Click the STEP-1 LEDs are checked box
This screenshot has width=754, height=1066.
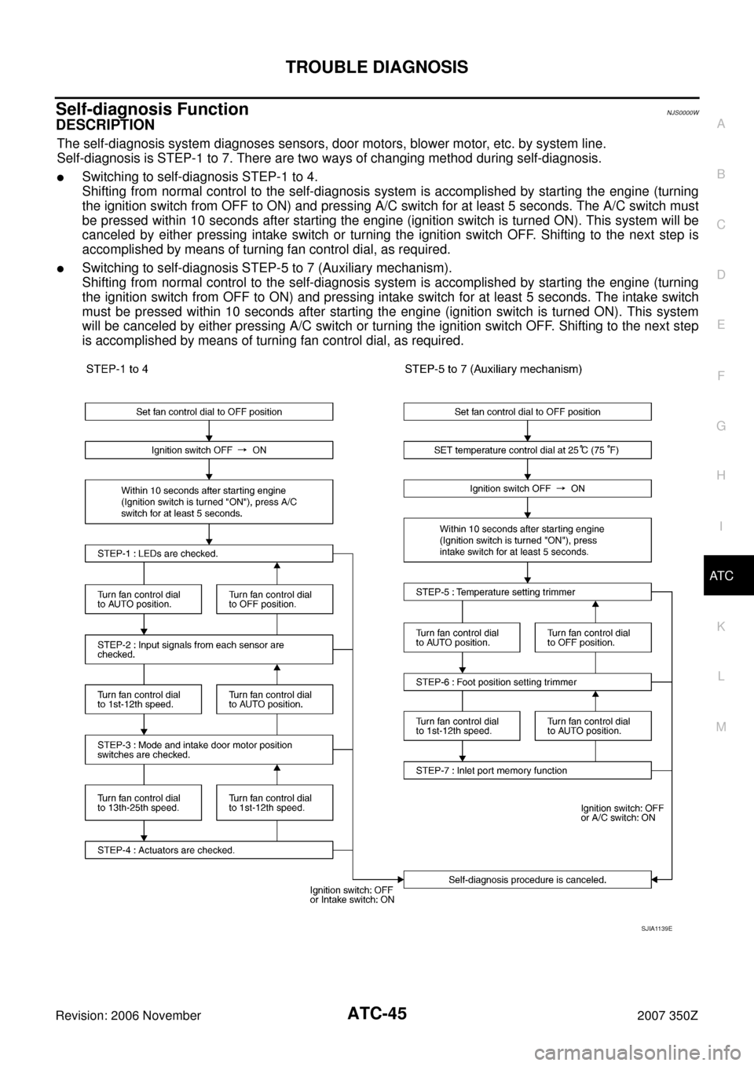208,553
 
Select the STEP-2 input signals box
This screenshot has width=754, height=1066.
208,649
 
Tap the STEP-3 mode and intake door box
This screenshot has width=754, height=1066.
208,750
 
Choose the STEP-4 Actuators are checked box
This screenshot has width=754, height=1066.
208,850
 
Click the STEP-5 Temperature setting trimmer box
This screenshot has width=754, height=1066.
527,592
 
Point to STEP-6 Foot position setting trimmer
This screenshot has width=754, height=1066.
527,682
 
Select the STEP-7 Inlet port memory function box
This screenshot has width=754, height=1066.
527,770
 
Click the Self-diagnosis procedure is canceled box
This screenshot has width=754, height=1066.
527,880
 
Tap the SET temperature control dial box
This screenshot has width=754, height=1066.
527,450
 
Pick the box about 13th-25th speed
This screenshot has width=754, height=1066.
143,802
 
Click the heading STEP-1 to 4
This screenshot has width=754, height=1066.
123,369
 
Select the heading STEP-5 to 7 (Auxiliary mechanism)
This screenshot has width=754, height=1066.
493,369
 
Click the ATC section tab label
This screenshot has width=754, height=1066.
720,576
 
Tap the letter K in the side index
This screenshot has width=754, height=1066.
720,626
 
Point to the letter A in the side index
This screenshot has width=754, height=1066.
720,123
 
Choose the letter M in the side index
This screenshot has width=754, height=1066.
720,726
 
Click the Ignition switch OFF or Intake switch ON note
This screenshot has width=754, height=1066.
352,895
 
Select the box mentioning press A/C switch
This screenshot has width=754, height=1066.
208,502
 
